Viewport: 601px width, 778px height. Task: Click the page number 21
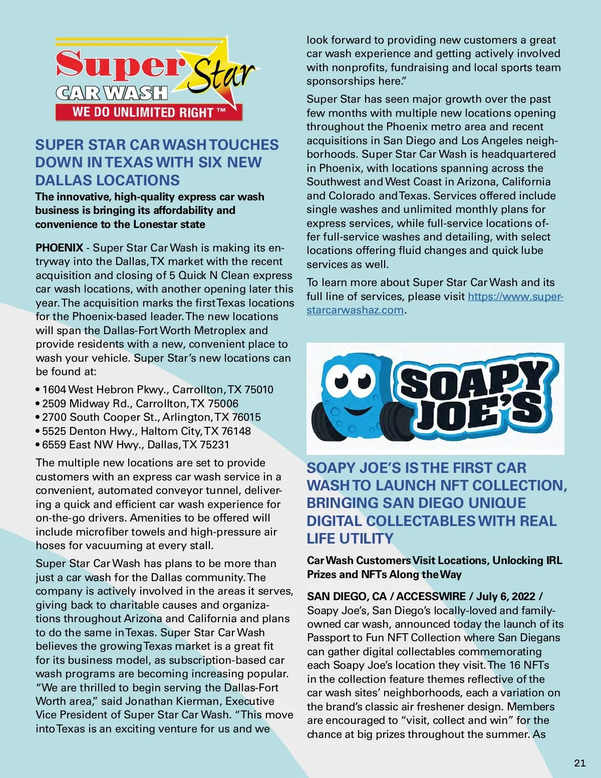[579, 763]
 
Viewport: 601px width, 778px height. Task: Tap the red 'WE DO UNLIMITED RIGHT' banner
[149, 112]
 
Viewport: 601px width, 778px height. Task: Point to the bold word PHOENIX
[59, 248]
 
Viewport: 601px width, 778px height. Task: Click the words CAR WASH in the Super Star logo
[112, 93]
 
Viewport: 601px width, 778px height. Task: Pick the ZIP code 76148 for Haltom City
[235, 431]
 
